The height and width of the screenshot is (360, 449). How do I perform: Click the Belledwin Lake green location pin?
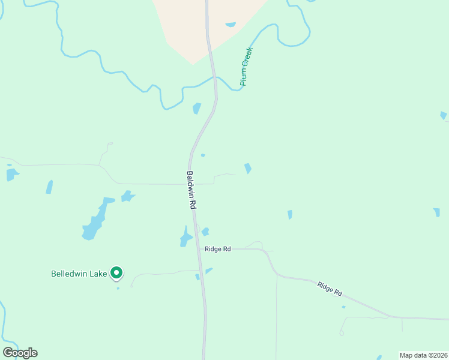[x=117, y=274]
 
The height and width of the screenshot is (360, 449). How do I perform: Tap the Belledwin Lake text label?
[x=79, y=274]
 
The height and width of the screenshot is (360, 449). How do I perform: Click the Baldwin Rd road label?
[x=191, y=190]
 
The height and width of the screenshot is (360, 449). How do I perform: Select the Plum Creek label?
[x=247, y=66]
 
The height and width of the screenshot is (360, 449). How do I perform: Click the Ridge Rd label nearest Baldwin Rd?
[x=217, y=248]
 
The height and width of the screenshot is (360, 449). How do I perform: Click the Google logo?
[x=20, y=353]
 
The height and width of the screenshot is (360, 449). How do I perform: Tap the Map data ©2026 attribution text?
[x=423, y=355]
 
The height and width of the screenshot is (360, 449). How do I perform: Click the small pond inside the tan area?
[x=231, y=25]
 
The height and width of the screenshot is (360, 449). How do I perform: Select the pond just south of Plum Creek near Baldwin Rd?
[x=196, y=108]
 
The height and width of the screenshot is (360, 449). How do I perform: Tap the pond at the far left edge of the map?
[x=11, y=175]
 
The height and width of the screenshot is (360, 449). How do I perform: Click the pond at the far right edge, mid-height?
[x=437, y=212]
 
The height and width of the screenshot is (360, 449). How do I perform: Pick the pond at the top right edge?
[x=444, y=115]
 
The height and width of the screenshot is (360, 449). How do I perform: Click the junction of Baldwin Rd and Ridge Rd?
[x=200, y=248]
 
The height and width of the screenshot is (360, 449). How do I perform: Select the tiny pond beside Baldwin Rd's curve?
[x=203, y=155]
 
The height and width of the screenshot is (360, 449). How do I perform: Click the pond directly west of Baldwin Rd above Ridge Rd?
[x=186, y=239]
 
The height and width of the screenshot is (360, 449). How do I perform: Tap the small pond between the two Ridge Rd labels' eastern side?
[x=289, y=214]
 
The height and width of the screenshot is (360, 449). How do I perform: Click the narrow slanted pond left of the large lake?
[x=49, y=187]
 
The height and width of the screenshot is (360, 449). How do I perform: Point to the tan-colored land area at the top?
[x=198, y=24]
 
